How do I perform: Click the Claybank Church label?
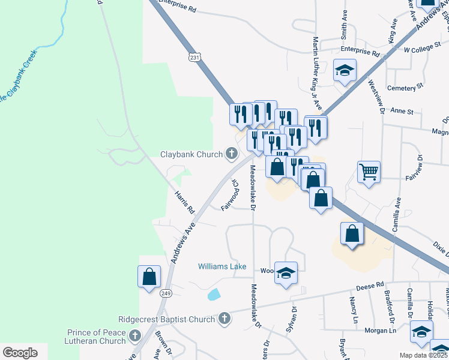[x=191, y=154]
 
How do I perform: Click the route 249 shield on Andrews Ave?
[x=166, y=293]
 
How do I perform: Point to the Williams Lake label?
[x=222, y=266]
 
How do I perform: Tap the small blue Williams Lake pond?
[x=213, y=295]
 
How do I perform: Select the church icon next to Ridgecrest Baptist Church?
[x=224, y=318]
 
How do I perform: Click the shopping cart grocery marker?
[x=369, y=172]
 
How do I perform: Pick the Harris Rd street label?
[x=184, y=203]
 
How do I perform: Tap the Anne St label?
[x=402, y=112]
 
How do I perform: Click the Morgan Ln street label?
[x=384, y=331]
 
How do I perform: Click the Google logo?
[x=20, y=353]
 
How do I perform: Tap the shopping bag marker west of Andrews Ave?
[x=149, y=278]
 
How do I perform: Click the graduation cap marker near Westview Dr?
[x=345, y=71]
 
